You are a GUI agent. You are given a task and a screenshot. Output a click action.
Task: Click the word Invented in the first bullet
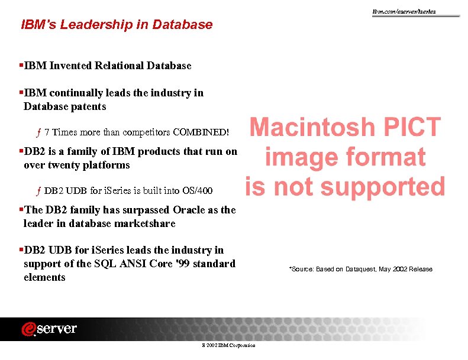coord(72,66)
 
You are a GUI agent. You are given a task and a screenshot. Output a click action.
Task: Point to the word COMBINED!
coord(201,131)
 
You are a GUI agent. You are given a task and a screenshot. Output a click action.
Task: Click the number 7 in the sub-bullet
coord(47,131)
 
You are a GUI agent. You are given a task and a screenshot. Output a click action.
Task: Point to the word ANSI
coord(138,264)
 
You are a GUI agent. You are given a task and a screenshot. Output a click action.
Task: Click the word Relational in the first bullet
coord(118,66)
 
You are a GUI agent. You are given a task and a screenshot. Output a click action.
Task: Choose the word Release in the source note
coord(420,270)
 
